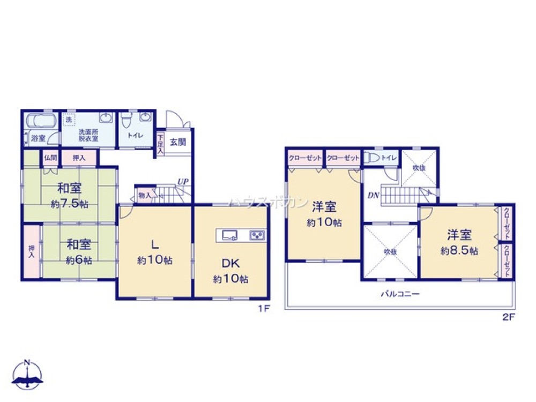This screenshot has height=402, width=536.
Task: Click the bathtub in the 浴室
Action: point(41,121)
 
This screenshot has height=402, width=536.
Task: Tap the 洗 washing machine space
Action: point(69,120)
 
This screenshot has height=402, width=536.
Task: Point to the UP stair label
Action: point(183,182)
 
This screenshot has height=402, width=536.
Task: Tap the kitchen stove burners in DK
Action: point(256,235)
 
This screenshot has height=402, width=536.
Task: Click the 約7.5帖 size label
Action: point(70,204)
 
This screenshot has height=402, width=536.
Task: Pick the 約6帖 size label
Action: point(79,260)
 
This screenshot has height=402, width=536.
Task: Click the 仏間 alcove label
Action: point(50,158)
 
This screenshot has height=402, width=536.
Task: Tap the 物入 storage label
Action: point(144,195)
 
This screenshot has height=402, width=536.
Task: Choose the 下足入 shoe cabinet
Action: point(160,144)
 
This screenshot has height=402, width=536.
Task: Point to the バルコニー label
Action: point(400,294)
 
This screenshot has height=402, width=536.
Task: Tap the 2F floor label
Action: point(508,316)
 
